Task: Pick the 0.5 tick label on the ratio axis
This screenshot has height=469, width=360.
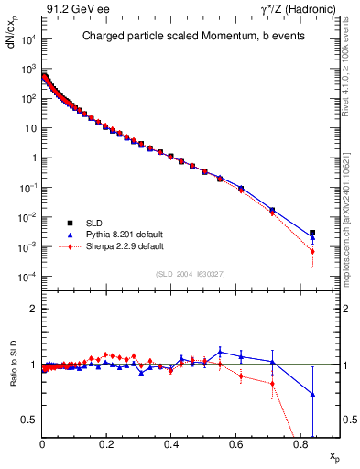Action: (29, 420)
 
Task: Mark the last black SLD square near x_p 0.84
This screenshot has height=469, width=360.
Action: (312, 233)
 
